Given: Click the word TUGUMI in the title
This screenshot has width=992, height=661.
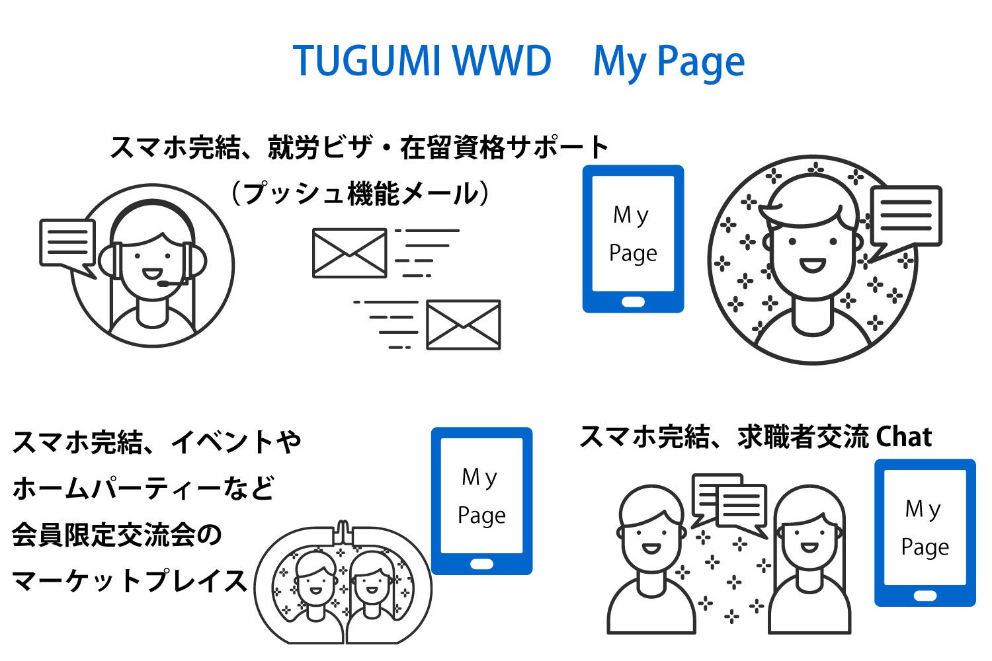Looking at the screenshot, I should (367, 61).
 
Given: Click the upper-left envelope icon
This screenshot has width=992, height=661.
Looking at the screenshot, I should (349, 253).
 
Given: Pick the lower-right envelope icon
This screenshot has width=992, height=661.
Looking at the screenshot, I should (463, 325).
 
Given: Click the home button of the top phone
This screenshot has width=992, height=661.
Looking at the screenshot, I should (633, 302).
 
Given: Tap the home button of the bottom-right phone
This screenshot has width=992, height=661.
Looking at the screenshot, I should (925, 596).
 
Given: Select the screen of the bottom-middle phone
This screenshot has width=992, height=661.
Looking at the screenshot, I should (481, 496).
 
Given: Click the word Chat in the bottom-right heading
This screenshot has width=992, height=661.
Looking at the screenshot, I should (903, 437).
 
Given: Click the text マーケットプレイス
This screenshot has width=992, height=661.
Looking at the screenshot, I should (130, 582).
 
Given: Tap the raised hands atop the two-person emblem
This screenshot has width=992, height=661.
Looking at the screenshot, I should (343, 531).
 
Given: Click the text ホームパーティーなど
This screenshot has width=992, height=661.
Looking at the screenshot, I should (143, 488).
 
